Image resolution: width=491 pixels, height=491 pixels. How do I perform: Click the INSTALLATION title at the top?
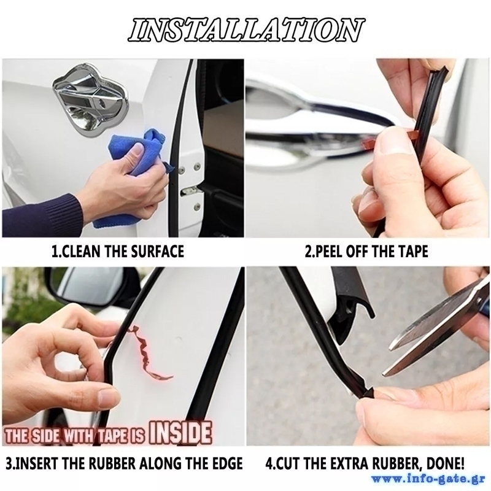[x=246, y=30]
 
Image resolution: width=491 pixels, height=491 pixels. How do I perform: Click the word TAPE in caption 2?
[x=413, y=252]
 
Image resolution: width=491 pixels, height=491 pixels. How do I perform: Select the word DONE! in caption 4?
[x=445, y=463]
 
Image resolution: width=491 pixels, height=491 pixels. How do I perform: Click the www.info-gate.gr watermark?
[x=428, y=479]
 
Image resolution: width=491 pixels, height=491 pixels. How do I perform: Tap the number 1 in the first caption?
[x=55, y=252]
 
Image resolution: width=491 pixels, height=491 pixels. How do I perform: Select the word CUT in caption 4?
[x=285, y=464]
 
